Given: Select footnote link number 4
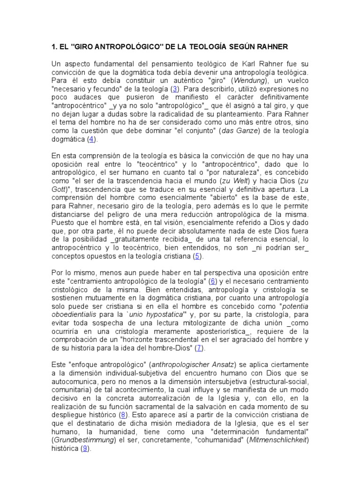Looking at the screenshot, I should (92, 140).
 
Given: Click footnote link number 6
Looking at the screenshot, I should (213, 282).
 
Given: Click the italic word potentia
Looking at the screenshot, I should (291, 307).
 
